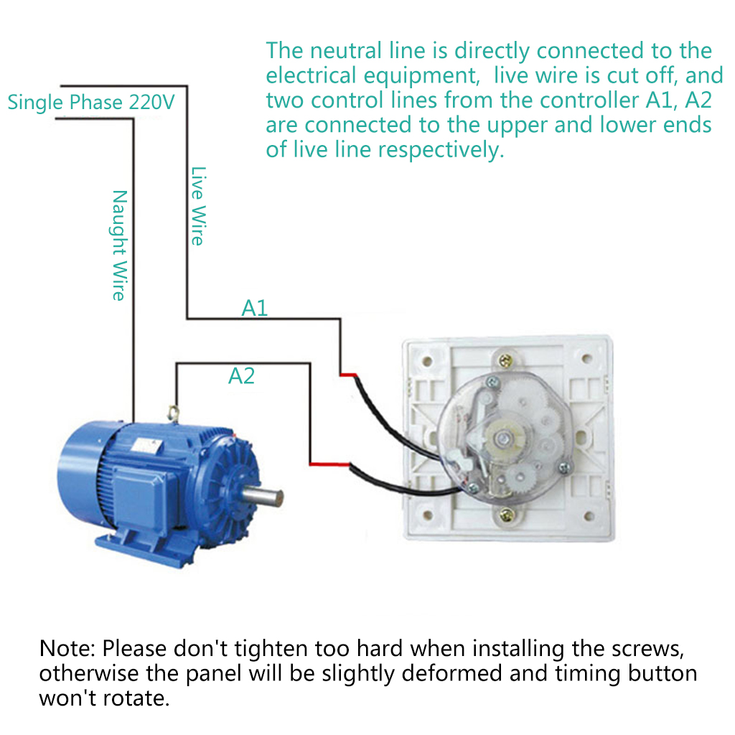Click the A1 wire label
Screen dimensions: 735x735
tap(254, 308)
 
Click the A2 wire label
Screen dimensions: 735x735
tap(241, 375)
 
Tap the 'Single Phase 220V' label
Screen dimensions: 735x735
tap(91, 102)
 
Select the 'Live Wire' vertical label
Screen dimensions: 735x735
tap(197, 206)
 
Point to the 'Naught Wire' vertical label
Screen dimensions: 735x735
tap(119, 245)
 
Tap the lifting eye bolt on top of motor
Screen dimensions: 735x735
tap(172, 411)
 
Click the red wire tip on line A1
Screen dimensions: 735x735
tap(349, 375)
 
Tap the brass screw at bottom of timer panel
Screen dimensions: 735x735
tap(507, 514)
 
